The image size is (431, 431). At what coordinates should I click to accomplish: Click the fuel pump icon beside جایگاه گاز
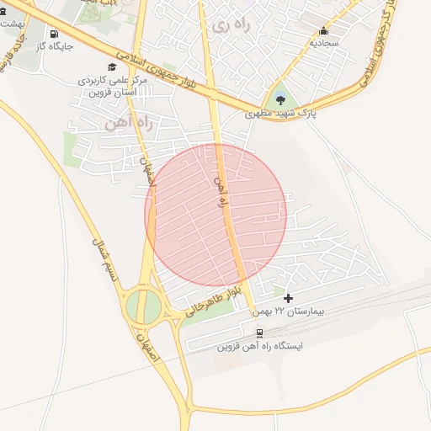tap(54, 35)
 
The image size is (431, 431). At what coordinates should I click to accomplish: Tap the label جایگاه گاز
tap(54, 46)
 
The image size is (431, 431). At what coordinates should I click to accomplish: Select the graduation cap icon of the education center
tap(112, 67)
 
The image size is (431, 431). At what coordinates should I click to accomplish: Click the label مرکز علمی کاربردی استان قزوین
tap(113, 85)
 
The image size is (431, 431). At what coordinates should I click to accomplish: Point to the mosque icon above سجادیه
tap(323, 30)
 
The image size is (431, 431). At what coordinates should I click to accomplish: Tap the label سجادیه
tap(323, 41)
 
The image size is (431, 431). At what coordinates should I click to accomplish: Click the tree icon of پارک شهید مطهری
tap(280, 100)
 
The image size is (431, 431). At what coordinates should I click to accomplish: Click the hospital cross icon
tap(289, 298)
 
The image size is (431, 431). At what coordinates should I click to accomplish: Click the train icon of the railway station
tap(259, 332)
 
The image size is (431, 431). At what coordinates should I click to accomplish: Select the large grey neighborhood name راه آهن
tap(128, 123)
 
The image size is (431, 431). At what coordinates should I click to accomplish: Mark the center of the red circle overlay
tap(216, 214)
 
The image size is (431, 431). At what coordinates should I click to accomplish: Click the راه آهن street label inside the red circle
tap(222, 194)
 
